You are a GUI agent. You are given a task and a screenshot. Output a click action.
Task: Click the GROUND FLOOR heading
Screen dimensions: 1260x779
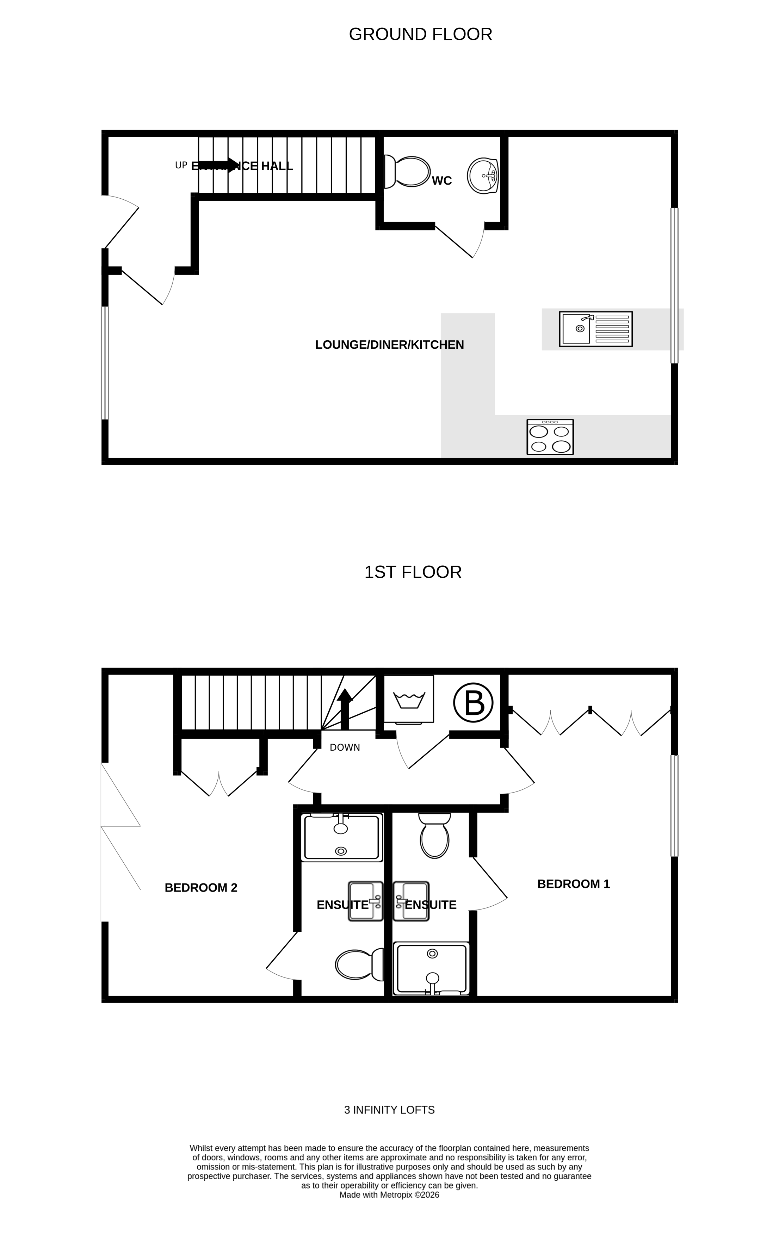pos(420,35)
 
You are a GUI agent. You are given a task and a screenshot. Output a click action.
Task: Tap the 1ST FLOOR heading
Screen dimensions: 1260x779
pos(413,572)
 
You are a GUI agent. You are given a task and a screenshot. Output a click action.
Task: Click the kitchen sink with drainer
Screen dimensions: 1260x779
pos(595,329)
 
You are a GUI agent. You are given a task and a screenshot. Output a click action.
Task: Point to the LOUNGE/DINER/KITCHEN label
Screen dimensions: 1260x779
pos(390,345)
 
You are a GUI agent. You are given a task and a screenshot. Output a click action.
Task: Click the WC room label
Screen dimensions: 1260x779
pos(441,181)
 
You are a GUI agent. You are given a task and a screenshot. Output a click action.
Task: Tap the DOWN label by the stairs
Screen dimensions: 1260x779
pos(345,747)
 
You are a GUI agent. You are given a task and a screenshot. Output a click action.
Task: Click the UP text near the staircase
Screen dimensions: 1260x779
pos(181,165)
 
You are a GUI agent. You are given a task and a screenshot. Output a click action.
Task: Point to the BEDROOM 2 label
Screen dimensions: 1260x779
pos(201,888)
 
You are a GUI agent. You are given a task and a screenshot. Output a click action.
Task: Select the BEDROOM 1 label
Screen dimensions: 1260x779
pos(574,884)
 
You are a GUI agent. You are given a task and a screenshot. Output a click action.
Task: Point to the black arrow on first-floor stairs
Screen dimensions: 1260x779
pos(345,708)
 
